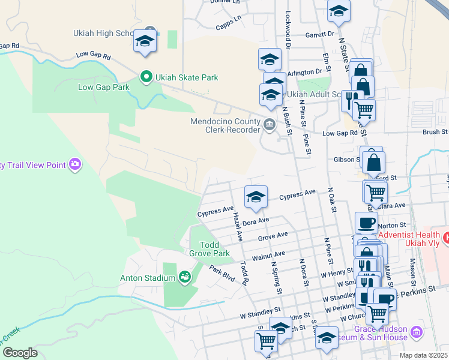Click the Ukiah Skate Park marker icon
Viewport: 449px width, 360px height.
point(145,77)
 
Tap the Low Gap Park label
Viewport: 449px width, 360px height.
point(104,88)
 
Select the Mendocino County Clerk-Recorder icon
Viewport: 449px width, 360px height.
point(269,125)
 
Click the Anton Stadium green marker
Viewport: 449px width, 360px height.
point(185,277)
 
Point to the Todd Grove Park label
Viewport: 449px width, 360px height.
point(209,249)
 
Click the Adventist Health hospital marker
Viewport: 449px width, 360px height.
point(446,238)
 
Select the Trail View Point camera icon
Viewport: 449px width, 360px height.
point(75,164)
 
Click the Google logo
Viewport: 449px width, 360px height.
point(20,353)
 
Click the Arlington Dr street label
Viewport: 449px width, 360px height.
point(305,73)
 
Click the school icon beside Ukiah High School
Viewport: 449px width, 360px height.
point(144,41)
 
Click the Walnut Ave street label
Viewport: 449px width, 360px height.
point(267,257)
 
